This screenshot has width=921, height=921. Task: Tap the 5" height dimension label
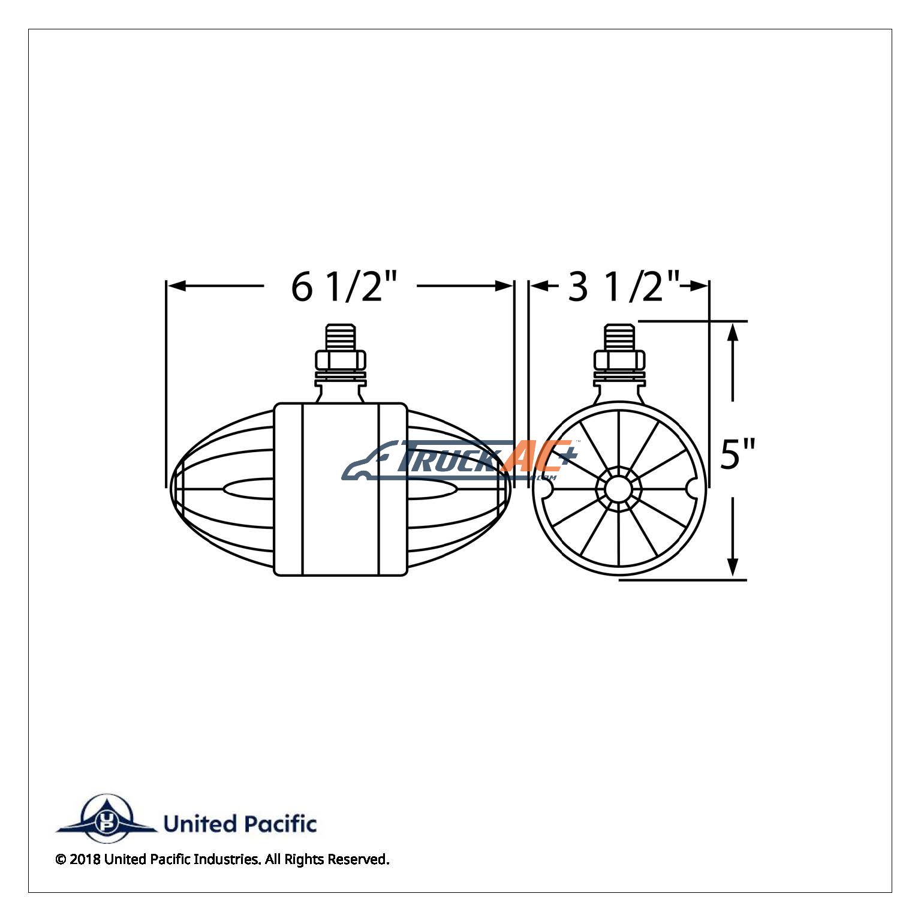pos(737,454)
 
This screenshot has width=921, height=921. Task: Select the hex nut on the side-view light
pos(340,361)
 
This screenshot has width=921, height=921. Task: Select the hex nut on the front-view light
pos(619,361)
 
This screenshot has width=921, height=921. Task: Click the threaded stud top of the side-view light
pos(340,338)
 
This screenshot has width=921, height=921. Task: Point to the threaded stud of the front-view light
pos(619,338)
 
